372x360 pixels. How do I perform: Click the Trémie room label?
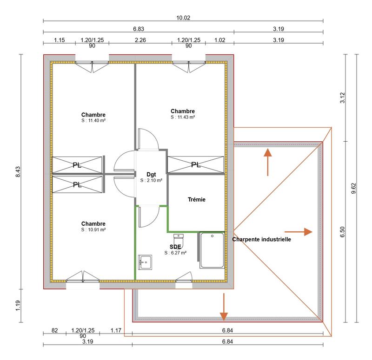click(x=197, y=200)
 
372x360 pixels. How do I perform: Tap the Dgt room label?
click(x=151, y=174)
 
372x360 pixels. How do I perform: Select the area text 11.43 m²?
click(x=182, y=118)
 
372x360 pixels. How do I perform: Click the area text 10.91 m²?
click(x=93, y=229)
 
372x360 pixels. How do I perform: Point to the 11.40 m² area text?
click(x=93, y=120)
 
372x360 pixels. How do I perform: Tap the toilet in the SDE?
click(x=183, y=241)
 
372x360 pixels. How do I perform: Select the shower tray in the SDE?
click(x=212, y=250)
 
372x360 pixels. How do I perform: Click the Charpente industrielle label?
click(x=261, y=240)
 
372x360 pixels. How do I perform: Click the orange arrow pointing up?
click(x=268, y=162)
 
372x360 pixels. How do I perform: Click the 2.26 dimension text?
click(x=140, y=40)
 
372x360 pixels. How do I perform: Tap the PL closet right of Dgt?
click(x=195, y=165)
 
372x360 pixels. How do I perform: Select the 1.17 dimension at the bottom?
click(x=116, y=331)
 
